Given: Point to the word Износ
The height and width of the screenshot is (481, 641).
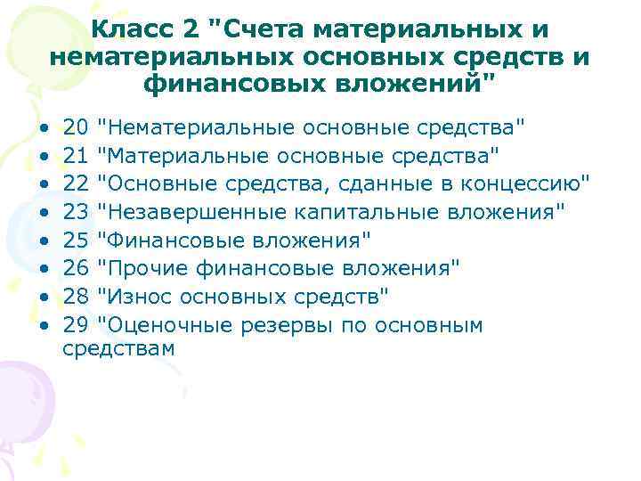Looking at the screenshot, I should [137, 296].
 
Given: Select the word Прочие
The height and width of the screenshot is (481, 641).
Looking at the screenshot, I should [143, 268].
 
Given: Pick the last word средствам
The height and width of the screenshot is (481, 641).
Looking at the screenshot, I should [119, 349].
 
